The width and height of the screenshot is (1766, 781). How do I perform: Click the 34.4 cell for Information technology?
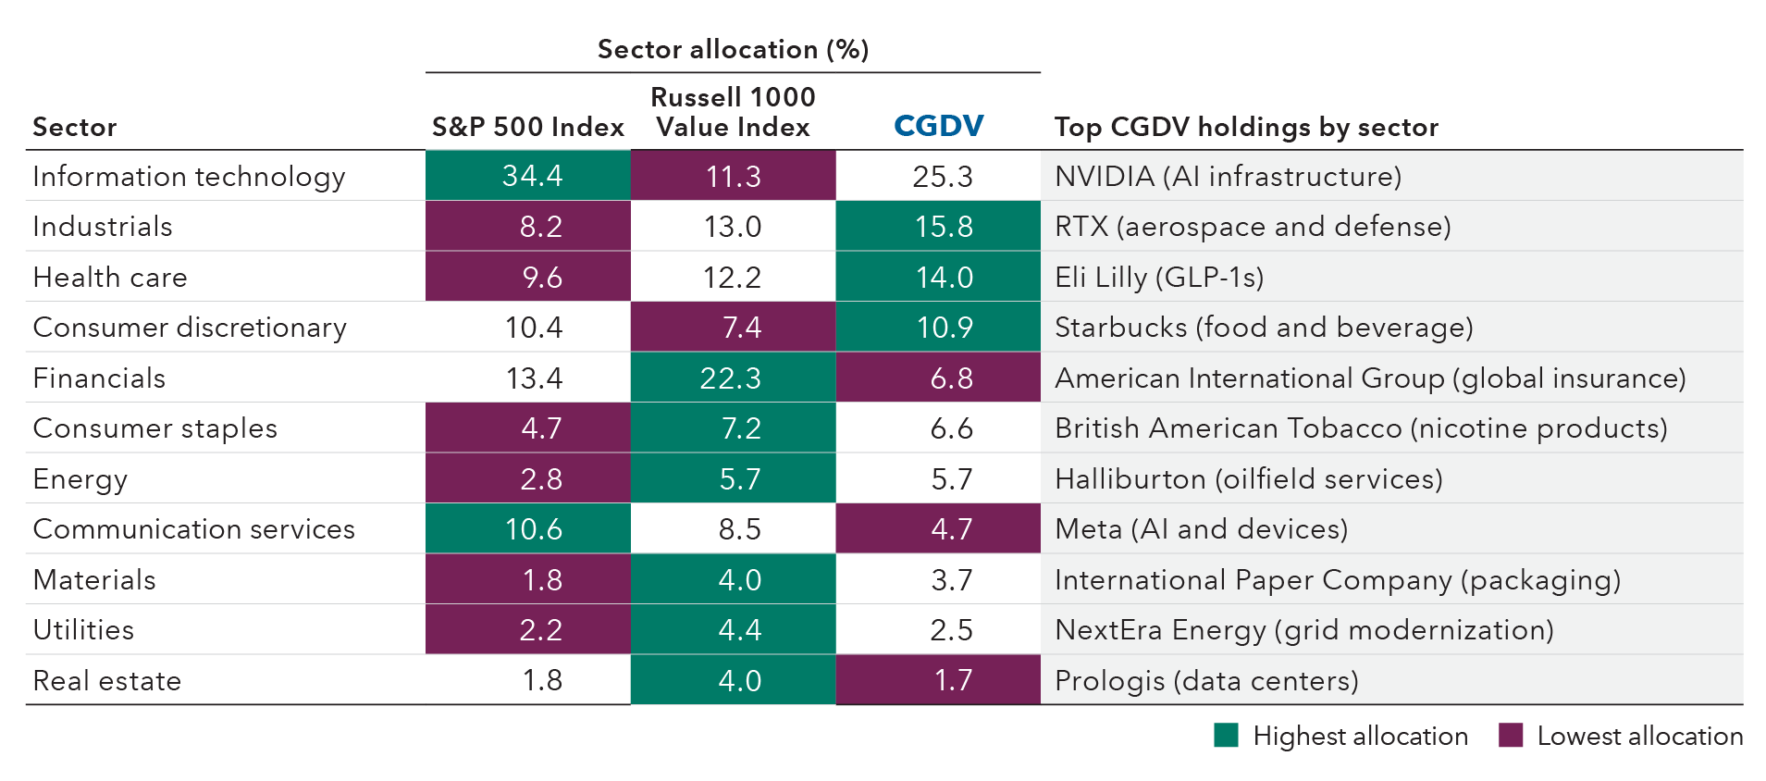click(x=532, y=176)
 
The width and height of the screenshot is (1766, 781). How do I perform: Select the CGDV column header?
click(x=938, y=126)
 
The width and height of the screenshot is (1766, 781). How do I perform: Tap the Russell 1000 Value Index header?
click(x=733, y=112)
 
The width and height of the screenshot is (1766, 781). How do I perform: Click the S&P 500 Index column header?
click(x=527, y=127)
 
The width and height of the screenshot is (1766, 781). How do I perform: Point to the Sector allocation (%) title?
click(x=733, y=49)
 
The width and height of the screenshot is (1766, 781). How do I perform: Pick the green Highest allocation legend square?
click(x=1226, y=736)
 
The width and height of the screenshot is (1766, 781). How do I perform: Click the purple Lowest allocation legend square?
click(x=1511, y=736)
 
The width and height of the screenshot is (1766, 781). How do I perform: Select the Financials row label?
click(x=99, y=378)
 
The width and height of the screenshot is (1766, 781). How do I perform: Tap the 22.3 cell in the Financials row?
click(x=731, y=378)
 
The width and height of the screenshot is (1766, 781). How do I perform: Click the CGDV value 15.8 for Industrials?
click(x=944, y=227)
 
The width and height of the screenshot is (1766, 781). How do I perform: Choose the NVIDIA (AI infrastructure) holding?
click(x=1228, y=176)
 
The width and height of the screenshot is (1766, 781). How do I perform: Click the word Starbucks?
click(x=1120, y=328)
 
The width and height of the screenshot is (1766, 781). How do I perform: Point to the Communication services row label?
click(x=193, y=529)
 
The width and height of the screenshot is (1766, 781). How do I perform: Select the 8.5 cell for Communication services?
click(x=739, y=529)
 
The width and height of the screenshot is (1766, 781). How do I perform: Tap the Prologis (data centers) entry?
click(x=1206, y=681)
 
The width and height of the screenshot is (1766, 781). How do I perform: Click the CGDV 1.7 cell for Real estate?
click(x=952, y=681)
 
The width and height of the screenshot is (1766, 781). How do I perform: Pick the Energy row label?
click(x=80, y=479)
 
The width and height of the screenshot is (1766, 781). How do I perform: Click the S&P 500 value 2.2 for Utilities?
click(x=540, y=630)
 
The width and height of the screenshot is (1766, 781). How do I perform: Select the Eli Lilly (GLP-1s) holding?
click(x=1158, y=278)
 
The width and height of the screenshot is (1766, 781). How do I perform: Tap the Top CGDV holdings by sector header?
click(x=1246, y=127)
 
